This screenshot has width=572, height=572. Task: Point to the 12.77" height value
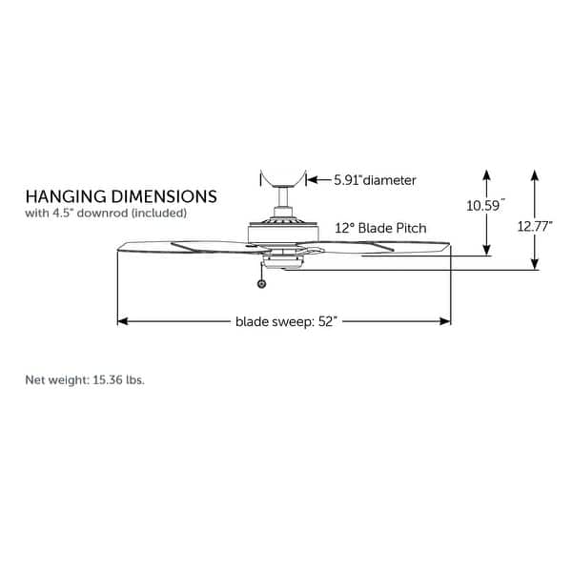coord(535,227)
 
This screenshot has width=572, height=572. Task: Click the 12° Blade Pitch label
coord(380,229)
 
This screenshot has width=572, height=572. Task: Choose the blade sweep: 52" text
coord(285,321)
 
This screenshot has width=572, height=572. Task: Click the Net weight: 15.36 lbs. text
coord(85,379)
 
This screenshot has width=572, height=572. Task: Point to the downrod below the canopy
coord(283,201)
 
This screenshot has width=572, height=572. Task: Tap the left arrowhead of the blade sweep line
coord(122,321)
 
